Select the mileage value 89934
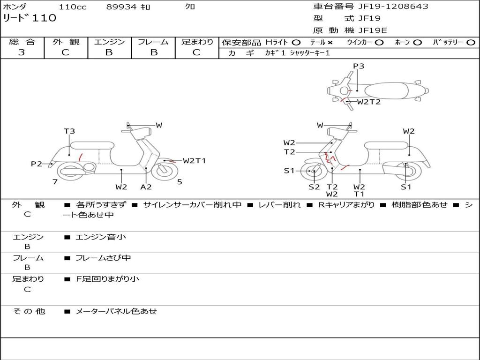point(121,7)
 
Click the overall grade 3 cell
point(22,52)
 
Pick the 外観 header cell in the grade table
point(66,42)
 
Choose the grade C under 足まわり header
point(196,52)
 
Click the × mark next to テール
point(330,42)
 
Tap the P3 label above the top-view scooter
point(359,66)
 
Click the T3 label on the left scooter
point(69,131)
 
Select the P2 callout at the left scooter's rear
point(37,164)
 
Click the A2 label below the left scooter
point(146,187)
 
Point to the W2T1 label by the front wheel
point(194,161)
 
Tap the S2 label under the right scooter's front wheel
point(314,187)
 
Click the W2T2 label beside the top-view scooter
point(369,102)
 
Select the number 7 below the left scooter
point(55,182)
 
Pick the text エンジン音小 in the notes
point(101,237)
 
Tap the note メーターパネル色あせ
point(116,311)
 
